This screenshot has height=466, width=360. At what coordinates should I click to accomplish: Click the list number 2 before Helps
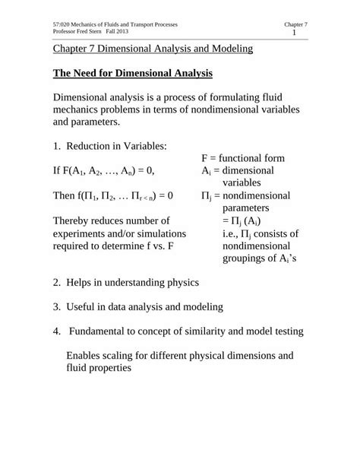pos(56,282)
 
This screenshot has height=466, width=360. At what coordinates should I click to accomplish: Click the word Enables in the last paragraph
pos(87,354)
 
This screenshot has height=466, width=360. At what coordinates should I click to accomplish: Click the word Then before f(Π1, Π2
pos(67,195)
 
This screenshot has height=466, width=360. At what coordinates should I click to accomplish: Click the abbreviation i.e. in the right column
pos(230,233)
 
